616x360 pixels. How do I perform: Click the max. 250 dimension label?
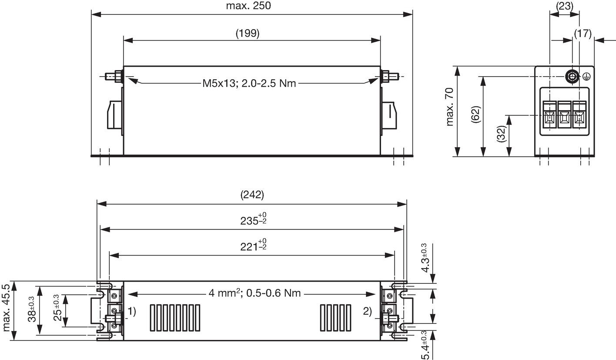pyautogui.click(x=248, y=6)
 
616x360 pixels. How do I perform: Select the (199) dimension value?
pyautogui.click(x=248, y=33)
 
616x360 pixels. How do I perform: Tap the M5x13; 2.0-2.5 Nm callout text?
pyautogui.click(x=249, y=83)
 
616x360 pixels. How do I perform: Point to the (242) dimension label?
pyautogui.click(x=252, y=195)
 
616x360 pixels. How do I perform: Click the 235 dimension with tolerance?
pyautogui.click(x=253, y=219)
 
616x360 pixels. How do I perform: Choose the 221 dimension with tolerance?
pyautogui.click(x=253, y=245)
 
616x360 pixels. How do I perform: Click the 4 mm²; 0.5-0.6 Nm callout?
pyautogui.click(x=254, y=293)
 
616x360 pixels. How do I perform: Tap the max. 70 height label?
pyautogui.click(x=449, y=107)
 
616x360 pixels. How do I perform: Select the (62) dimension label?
pyautogui.click(x=475, y=114)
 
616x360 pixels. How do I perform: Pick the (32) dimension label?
pyautogui.click(x=502, y=134)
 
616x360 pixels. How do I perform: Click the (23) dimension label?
pyautogui.click(x=564, y=6)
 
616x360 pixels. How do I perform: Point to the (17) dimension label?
pyautogui.click(x=583, y=34)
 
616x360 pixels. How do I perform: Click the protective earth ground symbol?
pyautogui.click(x=586, y=77)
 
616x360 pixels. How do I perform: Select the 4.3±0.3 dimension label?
pyautogui.click(x=425, y=258)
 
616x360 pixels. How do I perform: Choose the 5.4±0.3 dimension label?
pyautogui.click(x=425, y=345)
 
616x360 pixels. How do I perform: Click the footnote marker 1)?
pyautogui.click(x=132, y=311)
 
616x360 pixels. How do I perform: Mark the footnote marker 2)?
pyautogui.click(x=368, y=311)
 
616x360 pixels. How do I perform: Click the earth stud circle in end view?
pyautogui.click(x=572, y=76)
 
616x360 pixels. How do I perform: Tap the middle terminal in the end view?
pyautogui.click(x=564, y=114)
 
